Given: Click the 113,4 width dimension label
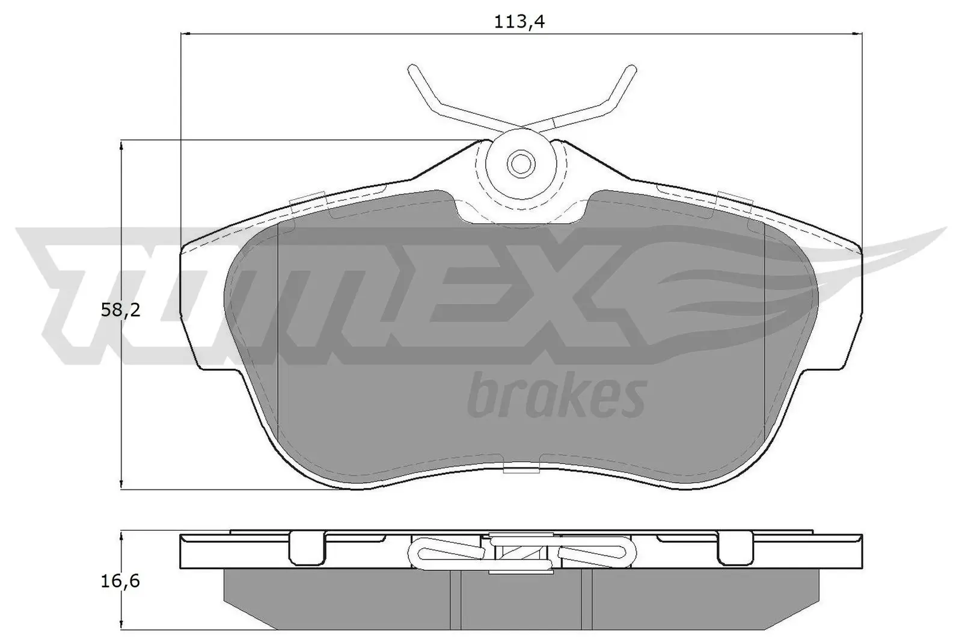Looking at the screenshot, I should pos(515,22).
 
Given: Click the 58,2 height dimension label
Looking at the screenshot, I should pos(120,310).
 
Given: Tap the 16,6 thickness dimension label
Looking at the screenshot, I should pos(120,581).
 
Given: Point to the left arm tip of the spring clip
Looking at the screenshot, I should pos(413,69).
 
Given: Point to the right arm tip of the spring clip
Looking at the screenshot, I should pos(630,69).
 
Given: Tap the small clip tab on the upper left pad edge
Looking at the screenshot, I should pos(307,200).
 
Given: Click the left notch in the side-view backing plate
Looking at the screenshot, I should pos(307,549).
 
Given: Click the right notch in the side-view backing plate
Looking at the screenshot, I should pos(735,549).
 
